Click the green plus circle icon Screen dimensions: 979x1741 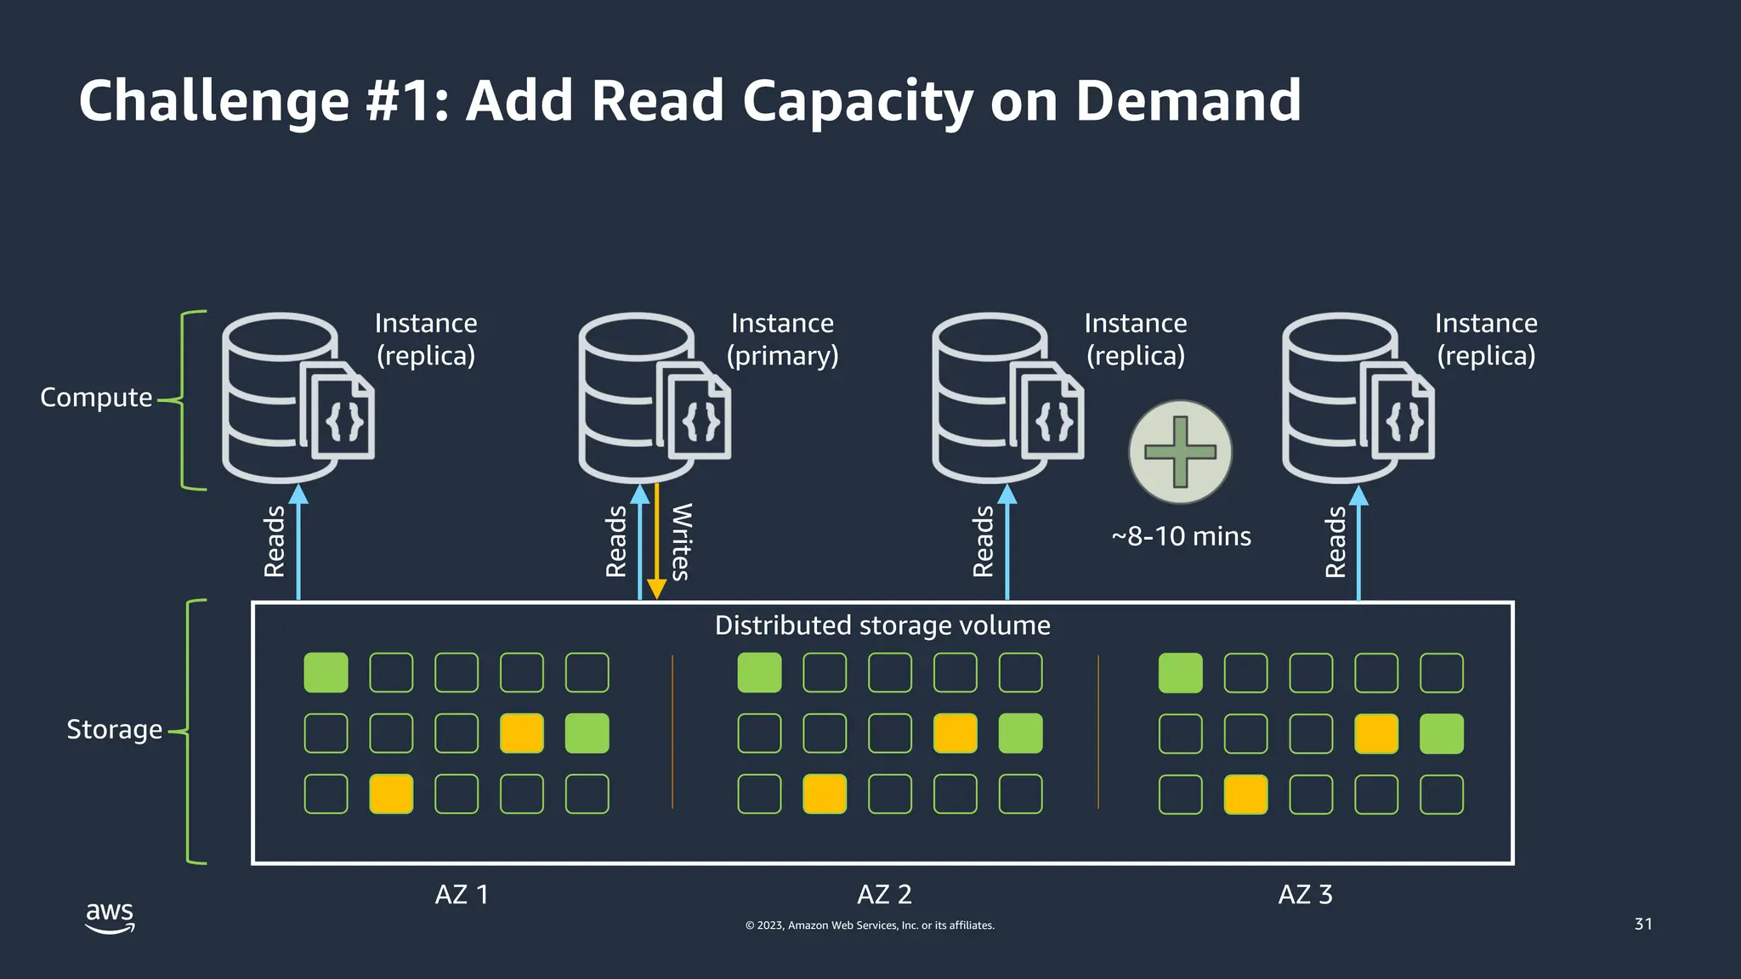(x=1180, y=452)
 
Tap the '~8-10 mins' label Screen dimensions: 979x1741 (x=1181, y=536)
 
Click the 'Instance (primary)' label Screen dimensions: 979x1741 (x=782, y=339)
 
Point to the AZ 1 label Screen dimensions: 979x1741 (x=462, y=894)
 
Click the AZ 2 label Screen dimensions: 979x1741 (x=884, y=894)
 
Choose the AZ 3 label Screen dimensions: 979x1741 (x=1305, y=894)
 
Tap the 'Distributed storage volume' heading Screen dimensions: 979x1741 (x=882, y=625)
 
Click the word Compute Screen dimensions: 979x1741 (x=96, y=397)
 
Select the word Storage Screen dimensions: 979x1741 (x=114, y=729)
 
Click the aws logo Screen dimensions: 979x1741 (x=110, y=916)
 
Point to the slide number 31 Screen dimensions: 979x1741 (x=1643, y=924)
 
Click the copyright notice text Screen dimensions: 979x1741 (x=870, y=925)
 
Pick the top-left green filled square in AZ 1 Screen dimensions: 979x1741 (x=326, y=673)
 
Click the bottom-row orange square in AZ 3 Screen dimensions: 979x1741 (x=1245, y=795)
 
